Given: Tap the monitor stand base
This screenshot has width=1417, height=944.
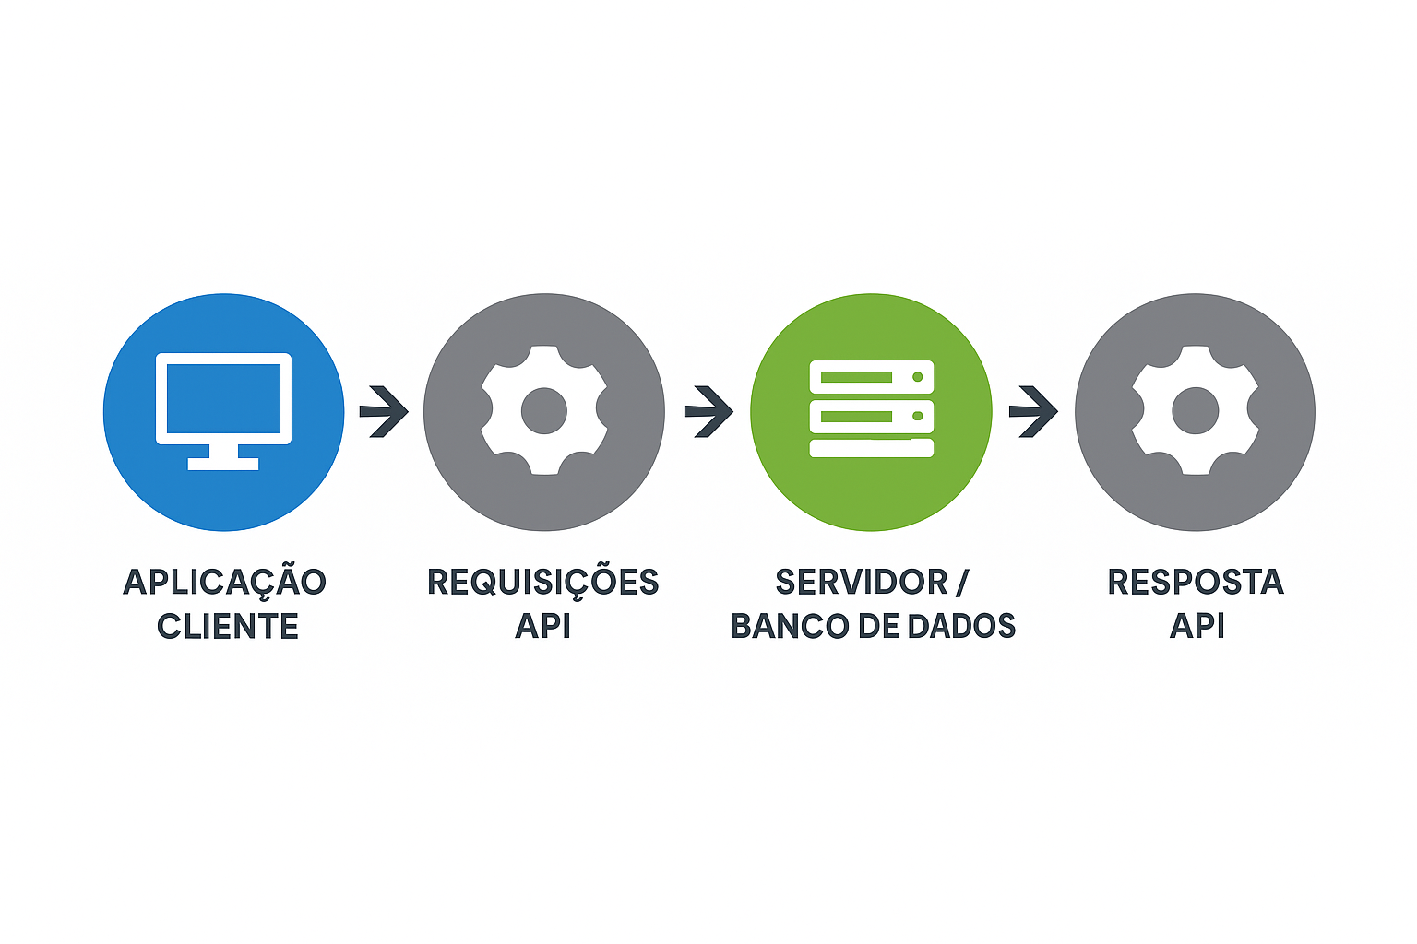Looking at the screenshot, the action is (x=223, y=464).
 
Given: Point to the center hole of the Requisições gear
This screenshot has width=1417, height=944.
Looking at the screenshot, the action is (x=544, y=410).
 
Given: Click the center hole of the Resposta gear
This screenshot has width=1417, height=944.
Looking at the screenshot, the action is (x=1195, y=410).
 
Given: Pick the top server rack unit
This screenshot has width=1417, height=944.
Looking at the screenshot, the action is (x=872, y=377).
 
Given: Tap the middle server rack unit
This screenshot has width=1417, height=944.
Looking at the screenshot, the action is (x=872, y=416).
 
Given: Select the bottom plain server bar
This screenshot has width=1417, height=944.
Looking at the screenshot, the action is (x=872, y=448).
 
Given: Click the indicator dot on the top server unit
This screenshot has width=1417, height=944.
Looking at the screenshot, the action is (x=917, y=377).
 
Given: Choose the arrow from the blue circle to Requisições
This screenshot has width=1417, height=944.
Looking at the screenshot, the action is (x=384, y=411).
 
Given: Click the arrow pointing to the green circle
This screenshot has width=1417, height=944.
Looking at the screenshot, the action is (x=708, y=411).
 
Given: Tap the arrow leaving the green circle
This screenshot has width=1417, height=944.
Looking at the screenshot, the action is (x=1033, y=411).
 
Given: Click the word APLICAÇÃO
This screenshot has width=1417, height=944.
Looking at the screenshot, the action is (x=224, y=583).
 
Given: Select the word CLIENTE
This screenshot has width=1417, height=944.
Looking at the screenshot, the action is (x=228, y=626).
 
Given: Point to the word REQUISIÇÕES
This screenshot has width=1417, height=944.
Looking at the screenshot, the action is (x=543, y=583).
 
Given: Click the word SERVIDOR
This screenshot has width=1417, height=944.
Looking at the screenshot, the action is (x=862, y=582).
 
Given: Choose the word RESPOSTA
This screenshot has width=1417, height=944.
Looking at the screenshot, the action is (x=1196, y=582).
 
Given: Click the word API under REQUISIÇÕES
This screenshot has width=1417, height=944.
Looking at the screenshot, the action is (x=542, y=626).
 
